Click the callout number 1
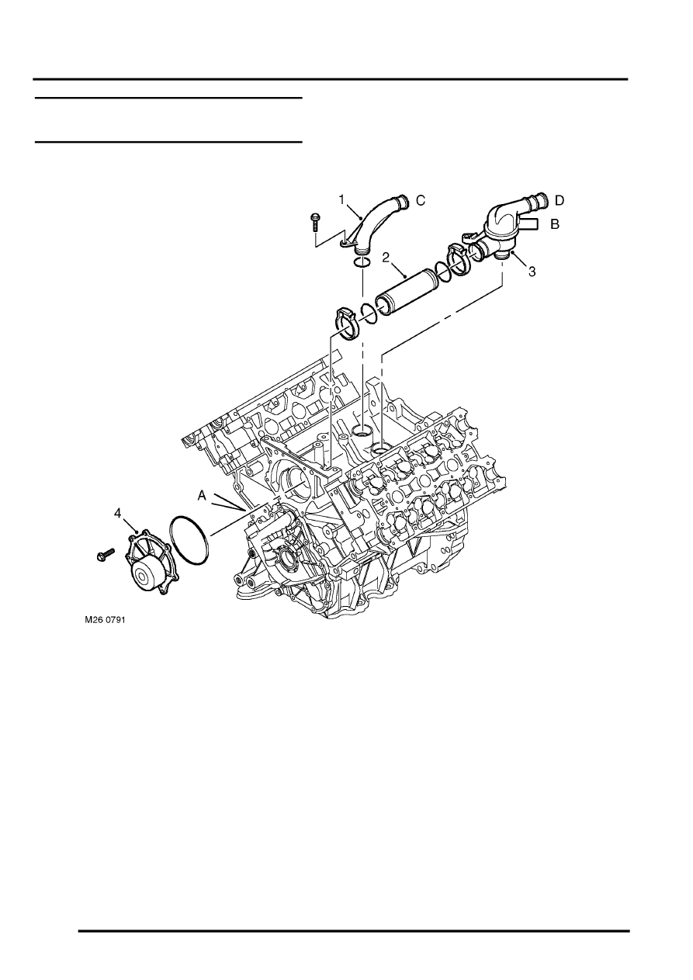(x=341, y=200)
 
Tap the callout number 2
(x=386, y=257)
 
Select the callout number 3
(x=532, y=272)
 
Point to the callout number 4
(x=118, y=513)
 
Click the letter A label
(x=202, y=495)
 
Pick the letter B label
(x=555, y=224)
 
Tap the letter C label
(x=421, y=200)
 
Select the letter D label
(x=560, y=200)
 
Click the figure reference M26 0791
(x=105, y=620)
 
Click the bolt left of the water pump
(x=105, y=554)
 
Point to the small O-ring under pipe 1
(x=362, y=262)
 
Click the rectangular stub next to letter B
(x=528, y=223)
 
